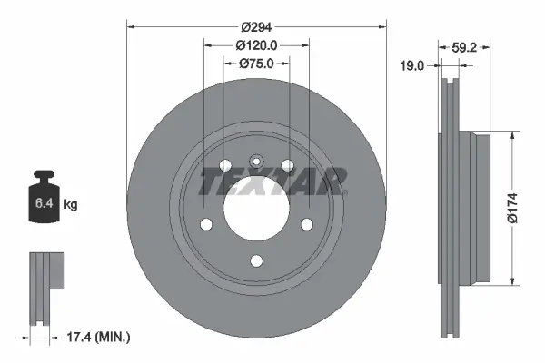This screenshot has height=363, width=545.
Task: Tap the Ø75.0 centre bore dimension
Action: pyautogui.click(x=256, y=63)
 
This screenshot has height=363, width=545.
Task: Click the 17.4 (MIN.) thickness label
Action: pyautogui.click(x=100, y=338)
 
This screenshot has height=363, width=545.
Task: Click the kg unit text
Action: pyautogui.click(x=71, y=205)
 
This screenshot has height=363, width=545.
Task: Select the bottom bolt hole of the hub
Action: pyautogui.click(x=255, y=261)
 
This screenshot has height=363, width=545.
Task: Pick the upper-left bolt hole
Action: pyautogui.click(x=224, y=164)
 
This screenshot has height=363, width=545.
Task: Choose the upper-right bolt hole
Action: pyautogui.click(x=287, y=164)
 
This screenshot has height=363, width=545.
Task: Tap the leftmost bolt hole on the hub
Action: pyautogui.click(x=205, y=224)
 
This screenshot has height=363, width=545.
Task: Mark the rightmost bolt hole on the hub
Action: pyautogui.click(x=306, y=224)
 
